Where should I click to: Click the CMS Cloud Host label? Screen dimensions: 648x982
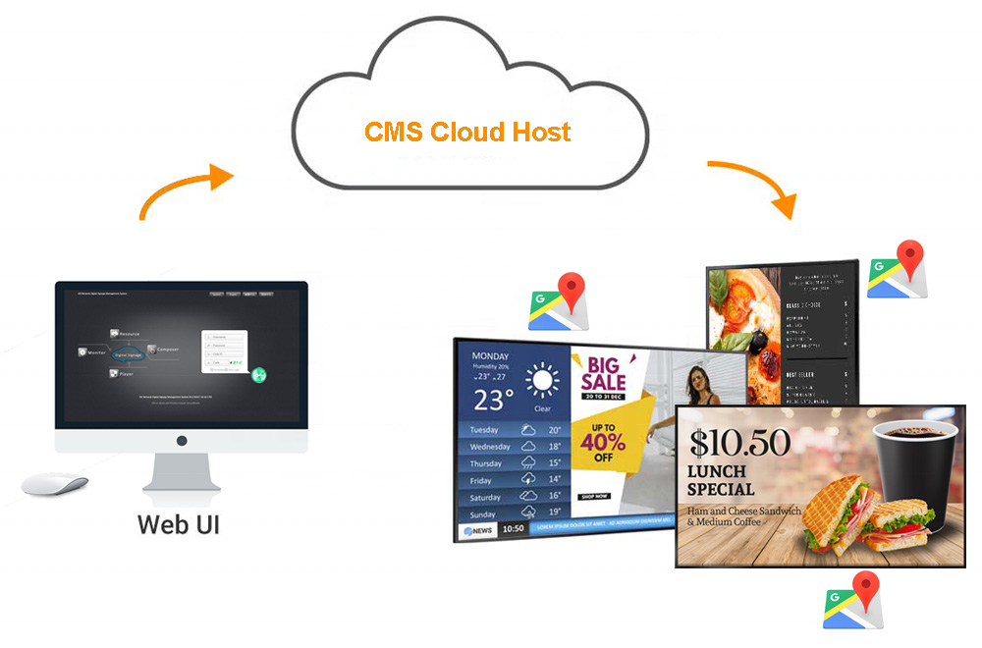click(x=467, y=132)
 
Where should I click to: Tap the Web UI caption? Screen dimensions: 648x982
click(x=178, y=522)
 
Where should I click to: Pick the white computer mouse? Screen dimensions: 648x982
click(x=54, y=484)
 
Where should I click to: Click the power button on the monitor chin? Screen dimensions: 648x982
click(x=181, y=442)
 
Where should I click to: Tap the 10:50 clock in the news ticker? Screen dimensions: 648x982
click(x=513, y=529)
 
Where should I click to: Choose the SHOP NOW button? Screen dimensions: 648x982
click(x=595, y=497)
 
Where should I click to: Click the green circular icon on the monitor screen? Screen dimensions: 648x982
click(x=258, y=375)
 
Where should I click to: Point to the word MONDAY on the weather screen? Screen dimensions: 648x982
click(x=490, y=356)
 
